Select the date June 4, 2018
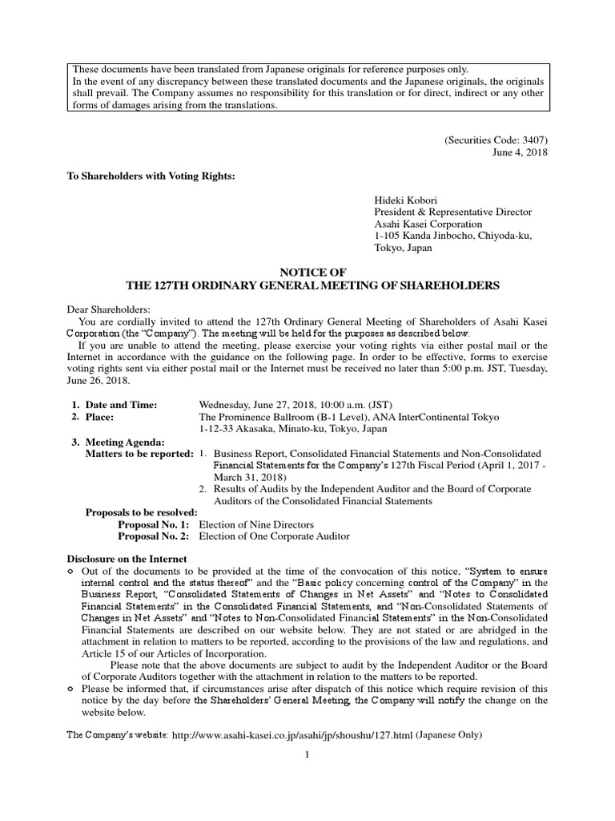coord(522,152)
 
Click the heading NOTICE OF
coord(307,273)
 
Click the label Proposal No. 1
coord(154,524)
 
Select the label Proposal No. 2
coord(154,536)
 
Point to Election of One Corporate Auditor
coord(274,536)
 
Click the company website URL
coord(290,735)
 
